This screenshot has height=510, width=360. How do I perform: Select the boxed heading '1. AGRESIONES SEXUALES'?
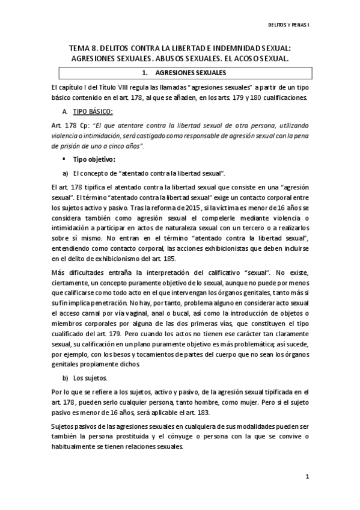pos(182,73)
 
